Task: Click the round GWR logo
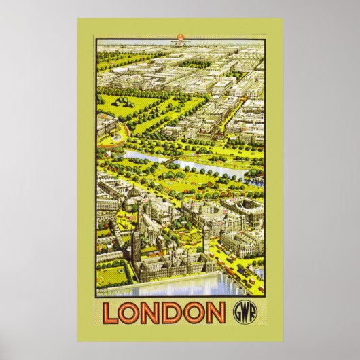[x=249, y=313]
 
